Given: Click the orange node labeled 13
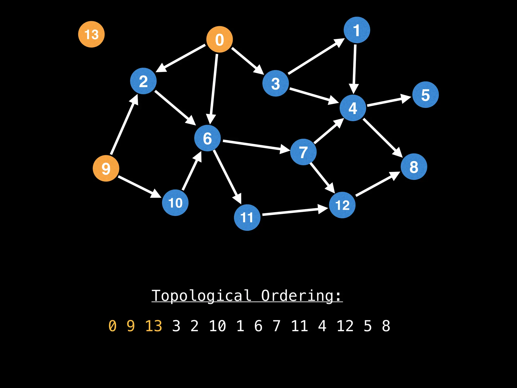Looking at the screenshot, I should [x=91, y=34].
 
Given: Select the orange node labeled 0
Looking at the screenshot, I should [x=219, y=39].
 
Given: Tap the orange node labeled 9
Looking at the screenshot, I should [x=106, y=168].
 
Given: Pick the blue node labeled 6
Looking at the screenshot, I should [x=208, y=138].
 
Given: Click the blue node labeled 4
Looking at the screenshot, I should [x=353, y=108].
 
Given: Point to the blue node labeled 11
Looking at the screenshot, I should [x=247, y=217].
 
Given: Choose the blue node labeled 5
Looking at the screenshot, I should [x=425, y=95].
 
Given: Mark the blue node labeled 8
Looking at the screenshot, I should [x=414, y=167].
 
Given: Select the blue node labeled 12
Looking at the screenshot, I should [x=342, y=205].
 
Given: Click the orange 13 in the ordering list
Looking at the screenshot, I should [x=153, y=326].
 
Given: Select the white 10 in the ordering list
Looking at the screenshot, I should [x=217, y=326].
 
